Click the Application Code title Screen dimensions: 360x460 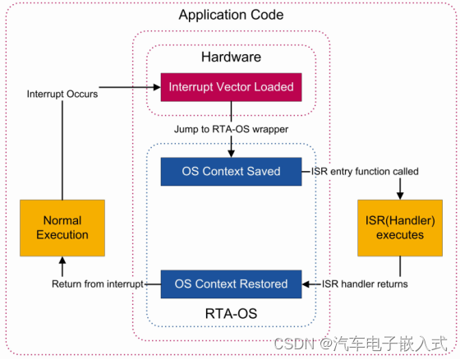(x=231, y=15)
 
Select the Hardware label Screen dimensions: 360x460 (x=231, y=57)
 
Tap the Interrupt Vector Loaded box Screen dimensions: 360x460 (x=231, y=85)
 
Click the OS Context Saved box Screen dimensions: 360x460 (x=231, y=172)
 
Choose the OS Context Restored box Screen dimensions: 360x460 (x=231, y=284)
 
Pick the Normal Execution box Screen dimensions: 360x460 (x=62, y=228)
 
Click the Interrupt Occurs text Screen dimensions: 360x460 (x=62, y=94)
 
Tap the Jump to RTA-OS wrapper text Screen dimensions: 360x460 (x=231, y=129)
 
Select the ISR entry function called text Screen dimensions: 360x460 (x=365, y=172)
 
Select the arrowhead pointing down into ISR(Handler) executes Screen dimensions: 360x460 (x=401, y=196)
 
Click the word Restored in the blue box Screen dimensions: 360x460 (x=260, y=284)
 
